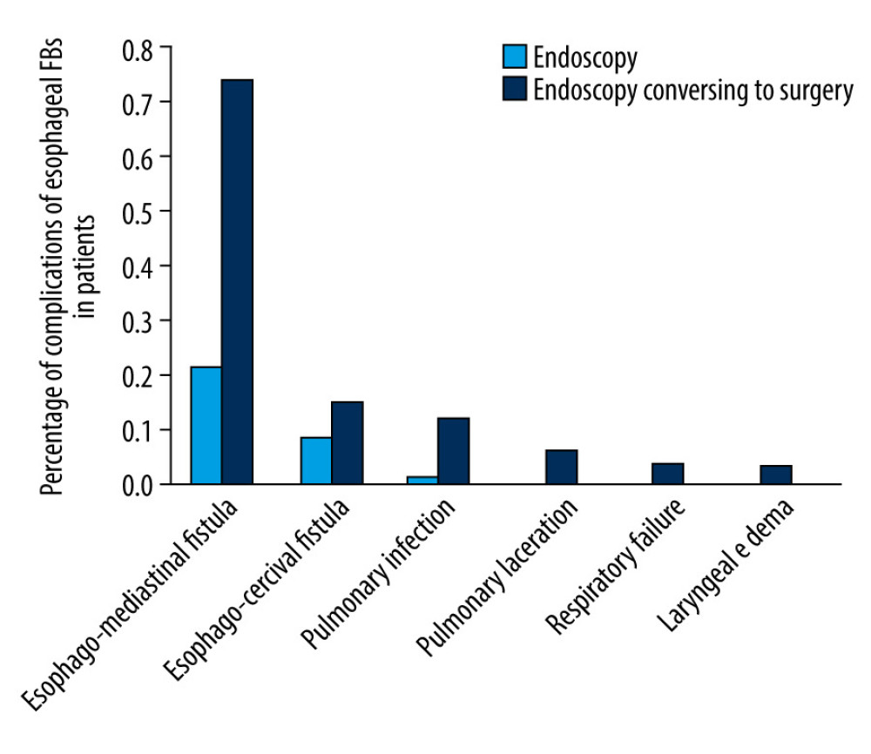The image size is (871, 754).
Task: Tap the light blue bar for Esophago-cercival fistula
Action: pos(315,461)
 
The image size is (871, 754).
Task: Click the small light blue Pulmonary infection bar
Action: pos(422,480)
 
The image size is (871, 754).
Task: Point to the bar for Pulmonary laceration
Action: pos(561,467)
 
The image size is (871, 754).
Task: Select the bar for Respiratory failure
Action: pos(667,474)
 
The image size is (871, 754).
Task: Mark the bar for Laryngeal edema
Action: pos(776,475)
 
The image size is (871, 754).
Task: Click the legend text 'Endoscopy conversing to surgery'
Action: pos(692,91)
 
